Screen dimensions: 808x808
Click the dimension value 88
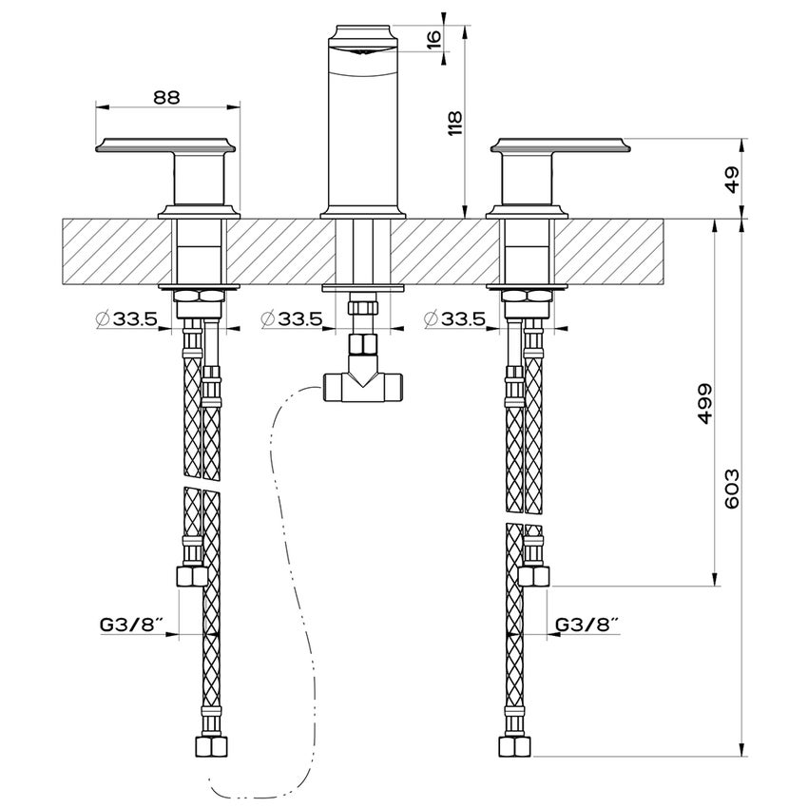[x=168, y=96]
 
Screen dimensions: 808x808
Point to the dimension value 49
[x=732, y=182]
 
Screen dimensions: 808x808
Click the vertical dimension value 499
[x=705, y=404]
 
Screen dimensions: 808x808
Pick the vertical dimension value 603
[x=732, y=487]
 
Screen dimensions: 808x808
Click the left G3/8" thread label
[x=131, y=625]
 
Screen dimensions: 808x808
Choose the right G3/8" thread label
[x=587, y=625]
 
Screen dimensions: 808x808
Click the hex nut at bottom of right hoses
[x=513, y=744]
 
